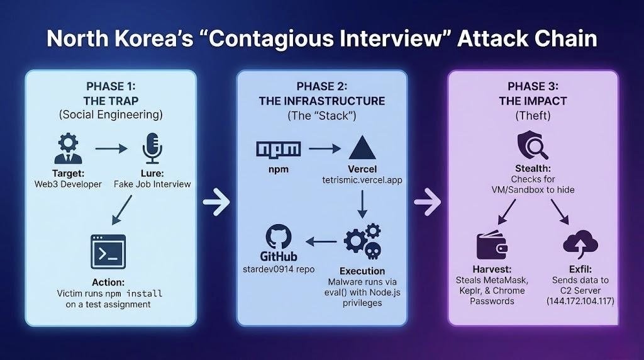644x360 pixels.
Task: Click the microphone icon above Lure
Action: click(152, 147)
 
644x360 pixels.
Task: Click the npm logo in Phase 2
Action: click(279, 149)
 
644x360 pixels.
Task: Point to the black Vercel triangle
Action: click(362, 148)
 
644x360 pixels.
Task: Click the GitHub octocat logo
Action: click(279, 239)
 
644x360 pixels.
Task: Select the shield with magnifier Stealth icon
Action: click(531, 149)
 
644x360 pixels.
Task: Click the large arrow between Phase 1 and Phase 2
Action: click(216, 203)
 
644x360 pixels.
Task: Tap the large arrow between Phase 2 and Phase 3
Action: click(428, 203)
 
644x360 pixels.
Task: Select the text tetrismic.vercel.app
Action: click(362, 181)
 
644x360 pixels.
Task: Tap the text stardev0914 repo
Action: click(279, 269)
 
